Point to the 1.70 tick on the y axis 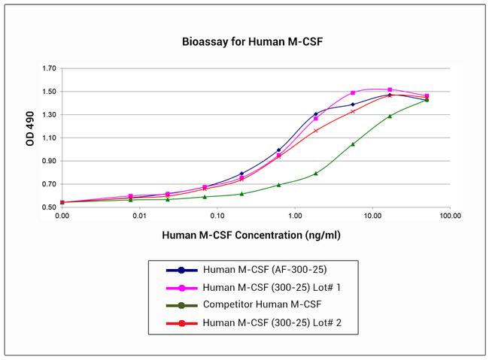[49, 68]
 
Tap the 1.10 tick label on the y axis [49, 138]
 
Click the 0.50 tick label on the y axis [49, 207]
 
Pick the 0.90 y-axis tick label [49, 162]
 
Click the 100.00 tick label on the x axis [449, 216]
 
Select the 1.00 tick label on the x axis [294, 216]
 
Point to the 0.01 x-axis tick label [139, 216]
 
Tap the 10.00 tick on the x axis [372, 216]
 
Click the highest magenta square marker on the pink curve [390, 89]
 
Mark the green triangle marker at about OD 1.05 [353, 144]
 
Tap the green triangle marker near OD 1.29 [390, 116]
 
